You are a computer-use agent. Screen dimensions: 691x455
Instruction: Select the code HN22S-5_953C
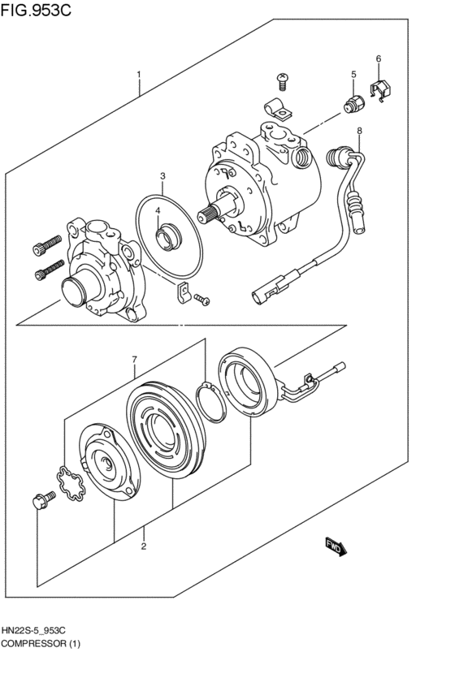pyautogui.click(x=39, y=630)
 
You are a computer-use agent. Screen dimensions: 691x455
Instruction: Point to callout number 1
pyautogui.click(x=139, y=75)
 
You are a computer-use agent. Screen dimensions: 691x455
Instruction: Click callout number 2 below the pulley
pyautogui.click(x=144, y=546)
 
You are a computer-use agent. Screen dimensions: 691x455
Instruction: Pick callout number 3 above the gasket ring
pyautogui.click(x=162, y=176)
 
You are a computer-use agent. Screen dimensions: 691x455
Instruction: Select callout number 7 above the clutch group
pyautogui.click(x=135, y=359)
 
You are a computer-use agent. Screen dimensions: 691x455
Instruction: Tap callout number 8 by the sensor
pyautogui.click(x=359, y=131)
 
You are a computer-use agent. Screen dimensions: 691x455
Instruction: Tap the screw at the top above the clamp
pyautogui.click(x=282, y=80)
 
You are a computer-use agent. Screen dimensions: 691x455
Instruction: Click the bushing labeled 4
pyautogui.click(x=167, y=238)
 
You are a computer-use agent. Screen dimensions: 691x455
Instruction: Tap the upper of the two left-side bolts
pyautogui.click(x=47, y=243)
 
